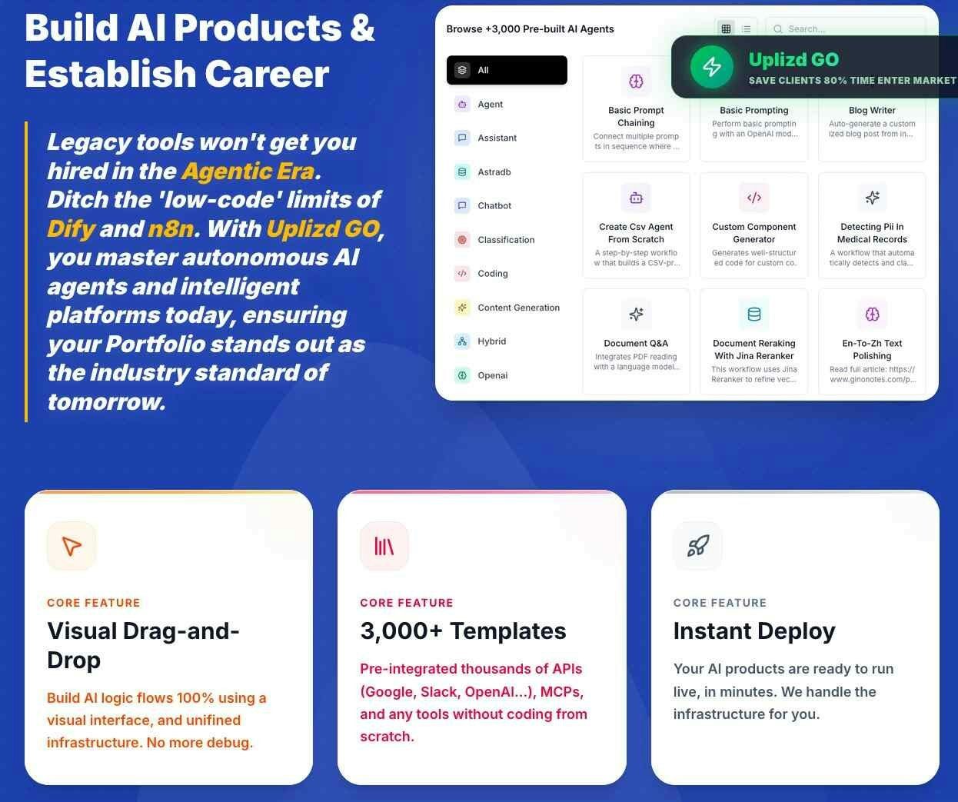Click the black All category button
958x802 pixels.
click(507, 70)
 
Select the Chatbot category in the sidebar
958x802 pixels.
click(494, 205)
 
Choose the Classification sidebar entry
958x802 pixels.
click(506, 239)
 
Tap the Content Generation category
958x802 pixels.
click(518, 308)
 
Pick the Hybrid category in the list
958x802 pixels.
click(491, 341)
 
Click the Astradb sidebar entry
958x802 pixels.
click(494, 172)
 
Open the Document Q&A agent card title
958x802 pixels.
click(636, 343)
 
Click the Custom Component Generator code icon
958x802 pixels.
click(753, 198)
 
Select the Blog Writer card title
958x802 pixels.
click(872, 110)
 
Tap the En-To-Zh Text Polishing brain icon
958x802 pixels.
click(872, 314)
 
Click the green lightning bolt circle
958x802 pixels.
click(712, 67)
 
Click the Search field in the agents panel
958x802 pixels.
click(846, 29)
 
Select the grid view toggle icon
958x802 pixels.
click(726, 29)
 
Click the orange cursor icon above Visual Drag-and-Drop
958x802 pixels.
click(72, 546)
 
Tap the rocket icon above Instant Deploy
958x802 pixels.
click(698, 546)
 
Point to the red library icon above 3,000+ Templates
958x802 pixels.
click(384, 546)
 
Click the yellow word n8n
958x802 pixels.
click(171, 228)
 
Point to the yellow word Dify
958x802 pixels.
click(71, 229)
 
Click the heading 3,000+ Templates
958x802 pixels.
click(463, 631)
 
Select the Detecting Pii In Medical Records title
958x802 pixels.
click(872, 233)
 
